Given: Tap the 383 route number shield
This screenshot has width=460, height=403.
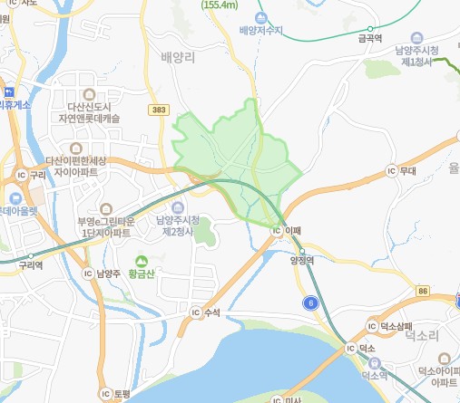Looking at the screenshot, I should point(159,110).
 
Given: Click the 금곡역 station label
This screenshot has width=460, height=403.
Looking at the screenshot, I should point(369,39).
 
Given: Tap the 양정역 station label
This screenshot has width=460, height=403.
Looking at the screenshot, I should point(301,260).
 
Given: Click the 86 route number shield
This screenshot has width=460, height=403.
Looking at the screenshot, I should point(424,290).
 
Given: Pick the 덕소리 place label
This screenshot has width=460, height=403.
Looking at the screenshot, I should point(422,335).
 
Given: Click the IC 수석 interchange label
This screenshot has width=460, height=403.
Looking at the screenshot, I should point(207,312).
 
